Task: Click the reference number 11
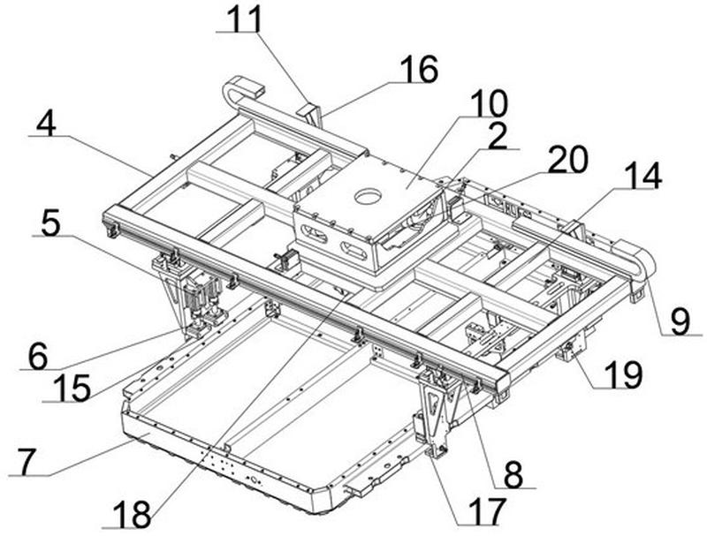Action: click(x=245, y=19)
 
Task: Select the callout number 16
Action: click(x=418, y=69)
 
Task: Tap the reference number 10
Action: click(x=489, y=103)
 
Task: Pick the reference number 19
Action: click(x=622, y=374)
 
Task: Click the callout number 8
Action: click(x=513, y=474)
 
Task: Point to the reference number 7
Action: click(x=27, y=462)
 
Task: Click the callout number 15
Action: click(x=72, y=388)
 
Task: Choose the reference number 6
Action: click(x=37, y=357)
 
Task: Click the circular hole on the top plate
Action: click(x=369, y=196)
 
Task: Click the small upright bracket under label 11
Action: click(x=310, y=115)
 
